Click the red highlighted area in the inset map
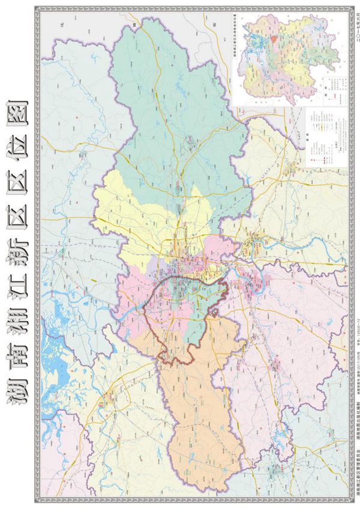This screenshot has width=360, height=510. [273, 40]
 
